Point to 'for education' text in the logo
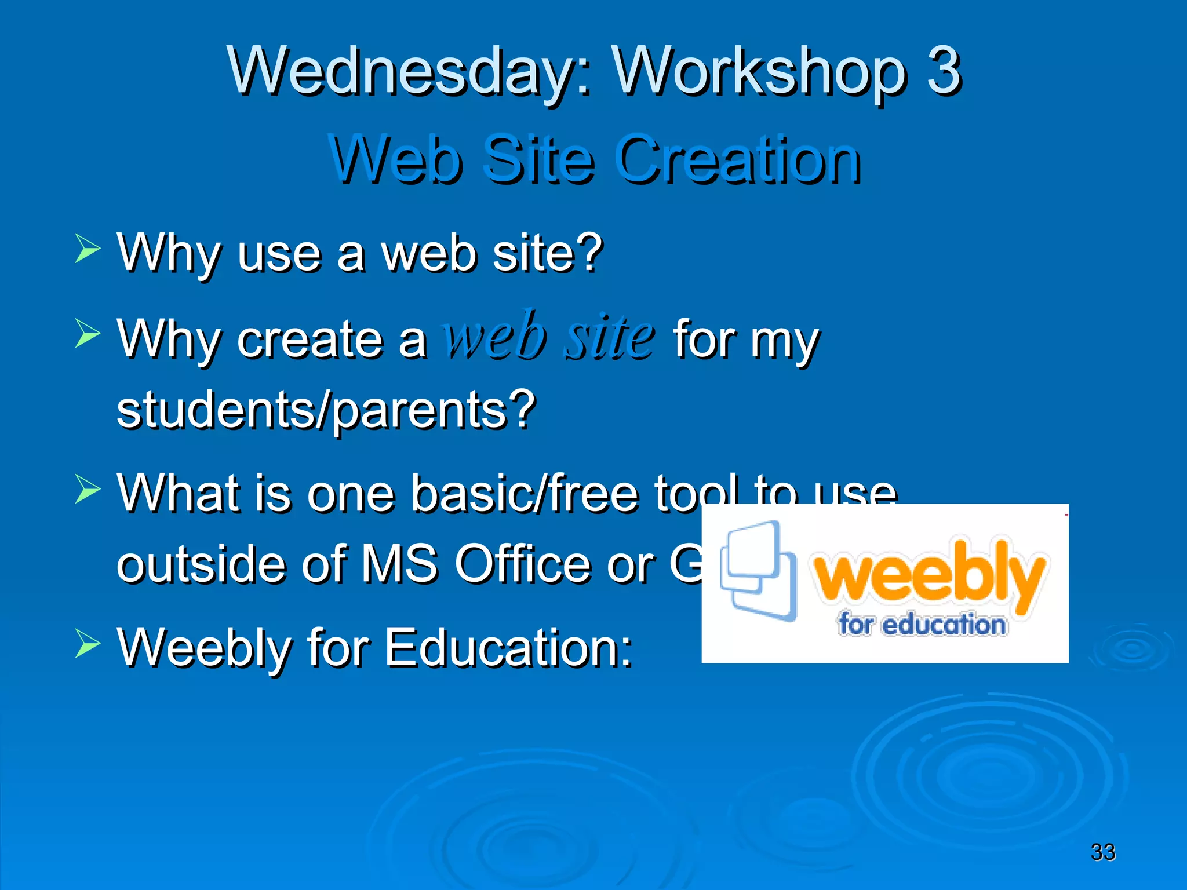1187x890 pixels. click(x=922, y=624)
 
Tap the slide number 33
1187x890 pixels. click(x=1102, y=852)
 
